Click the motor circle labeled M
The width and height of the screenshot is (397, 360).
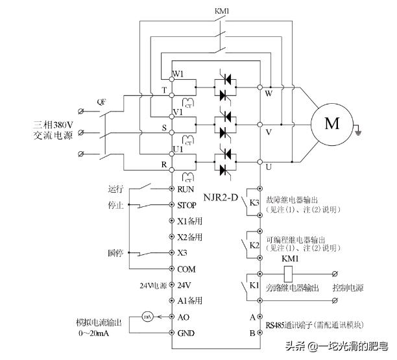(332, 124)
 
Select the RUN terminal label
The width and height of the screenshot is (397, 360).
(187, 189)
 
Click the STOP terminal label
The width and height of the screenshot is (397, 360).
(187, 205)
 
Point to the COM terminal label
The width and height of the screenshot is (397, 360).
(187, 269)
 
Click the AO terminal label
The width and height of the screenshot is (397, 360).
(184, 317)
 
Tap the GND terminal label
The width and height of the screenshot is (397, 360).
(186, 332)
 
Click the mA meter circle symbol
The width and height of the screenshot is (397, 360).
(148, 317)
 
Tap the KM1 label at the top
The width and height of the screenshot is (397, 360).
(222, 12)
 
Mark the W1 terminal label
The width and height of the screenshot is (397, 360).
(178, 74)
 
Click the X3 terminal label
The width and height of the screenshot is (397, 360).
(183, 253)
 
